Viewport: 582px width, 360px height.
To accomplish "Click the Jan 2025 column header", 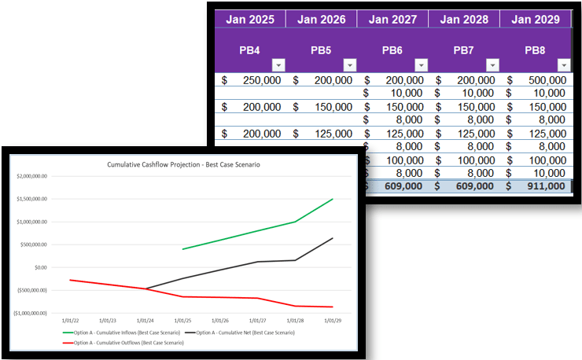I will [x=250, y=19].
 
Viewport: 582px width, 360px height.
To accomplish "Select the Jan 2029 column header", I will [x=536, y=19].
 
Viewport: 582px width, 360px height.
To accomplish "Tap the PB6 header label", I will [x=392, y=50].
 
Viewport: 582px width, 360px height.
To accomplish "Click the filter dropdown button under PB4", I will [x=278, y=64].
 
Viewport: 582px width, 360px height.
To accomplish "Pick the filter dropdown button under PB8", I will [x=563, y=64].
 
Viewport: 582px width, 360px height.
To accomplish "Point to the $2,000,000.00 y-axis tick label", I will [x=31, y=177].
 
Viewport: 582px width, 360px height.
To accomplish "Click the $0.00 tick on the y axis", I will [x=40, y=267].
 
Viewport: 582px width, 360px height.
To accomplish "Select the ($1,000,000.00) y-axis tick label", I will [x=31, y=313].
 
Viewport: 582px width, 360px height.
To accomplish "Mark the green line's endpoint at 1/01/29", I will [x=332, y=199].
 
